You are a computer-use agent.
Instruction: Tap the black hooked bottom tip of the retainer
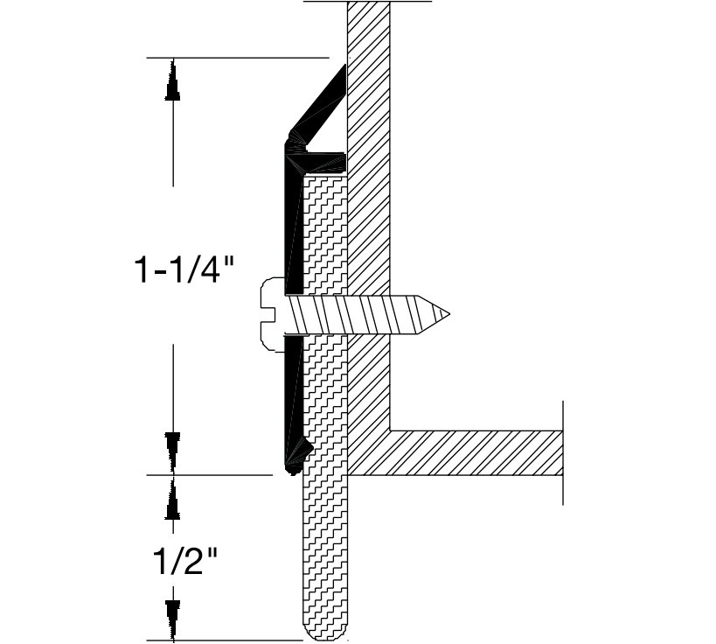pos(298,458)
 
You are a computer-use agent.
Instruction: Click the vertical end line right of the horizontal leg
pos(562,452)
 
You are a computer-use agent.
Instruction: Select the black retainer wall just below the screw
pos(294,385)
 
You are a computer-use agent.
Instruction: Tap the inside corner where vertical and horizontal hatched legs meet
pos(390,430)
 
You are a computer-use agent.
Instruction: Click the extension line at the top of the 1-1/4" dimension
pos(236,58)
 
